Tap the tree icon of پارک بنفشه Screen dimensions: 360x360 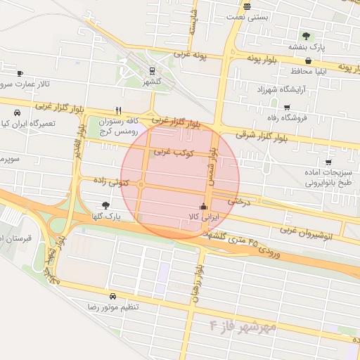(305, 36)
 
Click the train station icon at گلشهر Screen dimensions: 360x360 (152, 70)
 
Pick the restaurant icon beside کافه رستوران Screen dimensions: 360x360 (118, 110)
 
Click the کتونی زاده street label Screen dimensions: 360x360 (109, 181)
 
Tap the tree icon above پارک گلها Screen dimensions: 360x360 (106, 205)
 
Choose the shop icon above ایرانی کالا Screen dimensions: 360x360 (204, 207)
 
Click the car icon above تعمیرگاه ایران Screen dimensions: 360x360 (16, 112)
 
